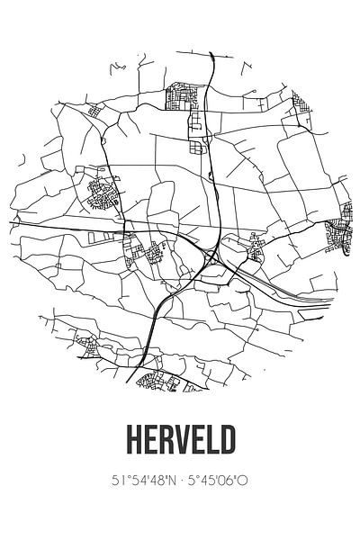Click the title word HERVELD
point(180,439)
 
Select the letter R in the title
point(164,439)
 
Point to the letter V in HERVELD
point(181,439)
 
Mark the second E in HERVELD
point(197,439)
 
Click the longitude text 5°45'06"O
point(218,481)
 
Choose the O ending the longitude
point(243,481)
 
